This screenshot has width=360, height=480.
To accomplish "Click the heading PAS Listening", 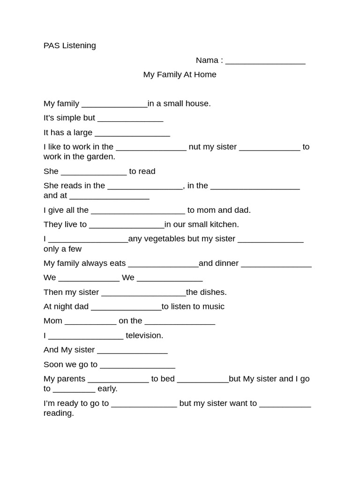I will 69,45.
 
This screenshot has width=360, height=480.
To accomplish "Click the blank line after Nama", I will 265,61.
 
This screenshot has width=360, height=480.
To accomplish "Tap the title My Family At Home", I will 180,75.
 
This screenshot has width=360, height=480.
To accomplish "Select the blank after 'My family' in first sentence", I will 114,104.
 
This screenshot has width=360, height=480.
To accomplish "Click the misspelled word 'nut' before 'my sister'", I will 195,147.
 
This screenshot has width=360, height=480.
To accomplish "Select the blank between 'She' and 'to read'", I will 94,172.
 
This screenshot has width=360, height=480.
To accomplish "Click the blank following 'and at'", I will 109,196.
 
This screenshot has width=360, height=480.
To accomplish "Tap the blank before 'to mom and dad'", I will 138,211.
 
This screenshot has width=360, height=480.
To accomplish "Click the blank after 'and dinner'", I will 276,264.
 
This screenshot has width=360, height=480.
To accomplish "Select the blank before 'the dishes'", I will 143,293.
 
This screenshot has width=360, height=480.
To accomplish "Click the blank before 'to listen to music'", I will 126,307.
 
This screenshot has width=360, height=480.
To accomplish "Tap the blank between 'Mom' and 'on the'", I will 90,322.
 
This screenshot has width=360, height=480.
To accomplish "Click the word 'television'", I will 144,335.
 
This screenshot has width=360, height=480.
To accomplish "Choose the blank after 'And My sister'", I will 132,351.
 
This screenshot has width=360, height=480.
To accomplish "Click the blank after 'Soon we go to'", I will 137,365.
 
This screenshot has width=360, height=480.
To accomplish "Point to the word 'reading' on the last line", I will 59,413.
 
